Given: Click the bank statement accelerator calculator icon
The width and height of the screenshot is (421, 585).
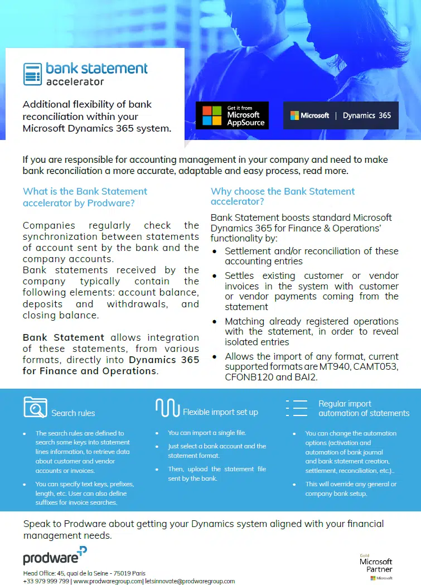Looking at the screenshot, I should [32, 74].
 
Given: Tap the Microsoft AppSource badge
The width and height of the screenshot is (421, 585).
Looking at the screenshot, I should [232, 115].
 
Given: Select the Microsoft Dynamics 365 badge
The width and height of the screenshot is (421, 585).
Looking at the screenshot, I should [341, 115].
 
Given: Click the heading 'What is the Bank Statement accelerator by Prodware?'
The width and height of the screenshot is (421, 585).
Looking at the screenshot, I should [85, 197].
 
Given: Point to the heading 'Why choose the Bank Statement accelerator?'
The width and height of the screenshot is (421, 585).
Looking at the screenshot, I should [283, 196].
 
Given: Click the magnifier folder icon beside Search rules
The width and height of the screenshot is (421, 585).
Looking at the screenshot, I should [35, 407].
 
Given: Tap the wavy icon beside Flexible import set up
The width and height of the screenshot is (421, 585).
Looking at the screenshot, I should [167, 408].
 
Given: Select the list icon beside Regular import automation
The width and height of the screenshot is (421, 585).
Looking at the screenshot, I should [297, 408].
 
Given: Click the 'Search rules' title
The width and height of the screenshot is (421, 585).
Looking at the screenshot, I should [73, 413].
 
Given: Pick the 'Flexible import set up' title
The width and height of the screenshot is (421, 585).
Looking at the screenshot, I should [220, 412].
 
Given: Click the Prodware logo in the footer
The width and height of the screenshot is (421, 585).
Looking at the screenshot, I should [55, 555].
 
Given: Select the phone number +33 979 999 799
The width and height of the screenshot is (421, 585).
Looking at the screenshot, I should [46, 581].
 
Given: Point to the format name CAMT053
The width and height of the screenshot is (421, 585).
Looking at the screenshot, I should [374, 367].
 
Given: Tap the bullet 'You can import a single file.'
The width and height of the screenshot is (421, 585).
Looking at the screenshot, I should [207, 433].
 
